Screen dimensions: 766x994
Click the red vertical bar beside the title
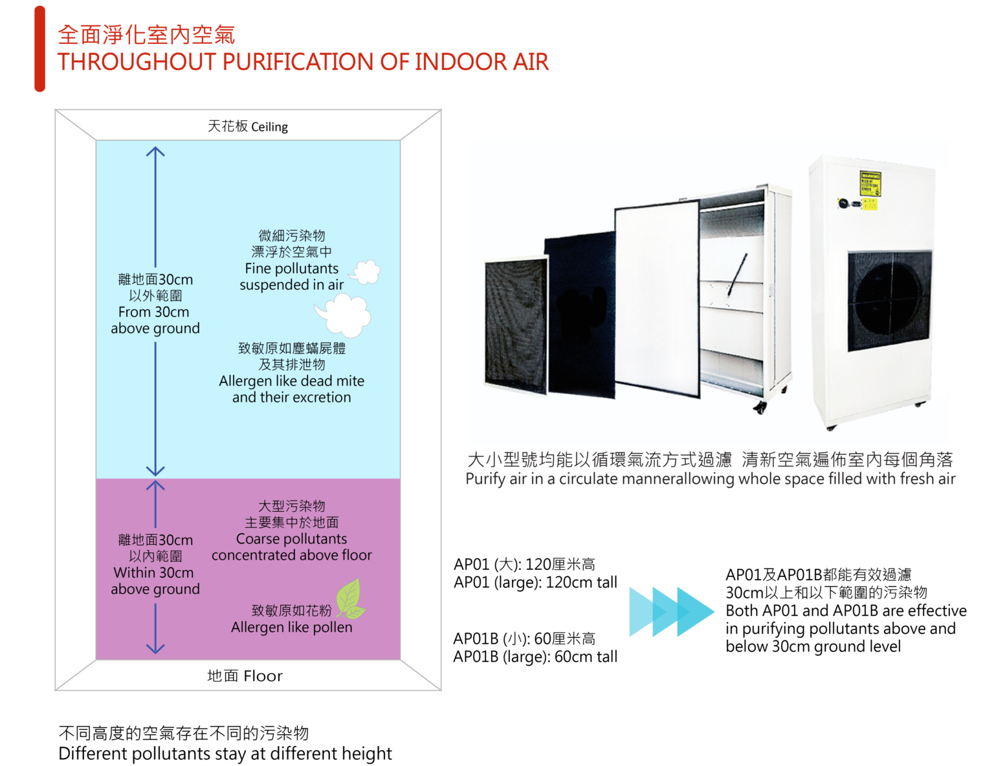tap(39, 49)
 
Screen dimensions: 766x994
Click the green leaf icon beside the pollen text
tap(350, 599)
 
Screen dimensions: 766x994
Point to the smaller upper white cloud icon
tap(366, 272)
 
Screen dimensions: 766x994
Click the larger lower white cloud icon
tap(346, 314)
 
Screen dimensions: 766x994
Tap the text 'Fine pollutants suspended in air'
tap(291, 277)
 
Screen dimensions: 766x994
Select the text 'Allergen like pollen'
tap(291, 628)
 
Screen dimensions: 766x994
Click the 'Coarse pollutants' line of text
tap(291, 539)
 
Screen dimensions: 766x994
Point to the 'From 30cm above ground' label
tap(155, 320)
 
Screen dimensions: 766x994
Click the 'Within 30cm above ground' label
tap(155, 581)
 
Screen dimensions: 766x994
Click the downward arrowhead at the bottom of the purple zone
tap(155, 648)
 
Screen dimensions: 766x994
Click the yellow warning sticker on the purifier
tap(870, 182)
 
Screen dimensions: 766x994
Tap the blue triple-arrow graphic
tap(671, 611)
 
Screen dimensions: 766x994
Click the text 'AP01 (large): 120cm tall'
tap(535, 582)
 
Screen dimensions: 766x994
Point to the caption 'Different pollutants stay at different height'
tap(225, 754)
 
